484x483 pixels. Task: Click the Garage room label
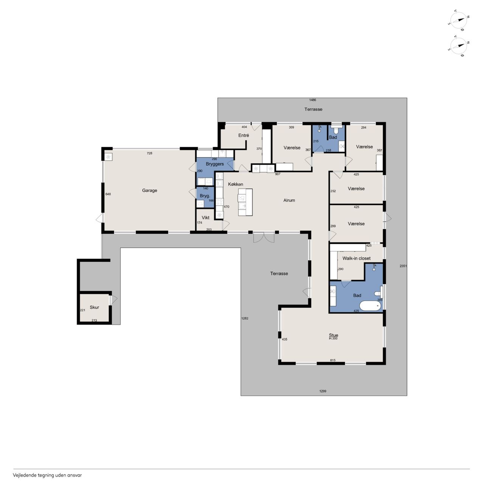[149, 190]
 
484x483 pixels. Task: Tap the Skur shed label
[95, 307]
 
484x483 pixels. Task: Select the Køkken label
[236, 184]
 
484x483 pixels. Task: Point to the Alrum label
[289, 200]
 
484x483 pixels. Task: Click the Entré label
[244, 136]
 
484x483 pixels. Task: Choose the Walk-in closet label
[357, 258]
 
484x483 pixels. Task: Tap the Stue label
[334, 335]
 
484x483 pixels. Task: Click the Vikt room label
[205, 218]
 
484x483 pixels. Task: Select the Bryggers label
[215, 164]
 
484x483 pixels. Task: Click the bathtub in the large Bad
[370, 306]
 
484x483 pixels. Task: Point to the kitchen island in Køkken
[245, 202]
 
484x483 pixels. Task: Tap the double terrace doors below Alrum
[264, 238]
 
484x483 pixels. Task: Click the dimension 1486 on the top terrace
[312, 100]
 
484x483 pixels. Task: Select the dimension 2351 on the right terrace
[403, 266]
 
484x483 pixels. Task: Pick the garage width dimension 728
[149, 153]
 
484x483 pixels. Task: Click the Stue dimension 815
[333, 360]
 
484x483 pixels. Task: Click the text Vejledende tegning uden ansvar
[47, 475]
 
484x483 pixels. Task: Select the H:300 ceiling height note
[333, 338]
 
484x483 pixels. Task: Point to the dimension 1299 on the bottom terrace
[323, 391]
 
